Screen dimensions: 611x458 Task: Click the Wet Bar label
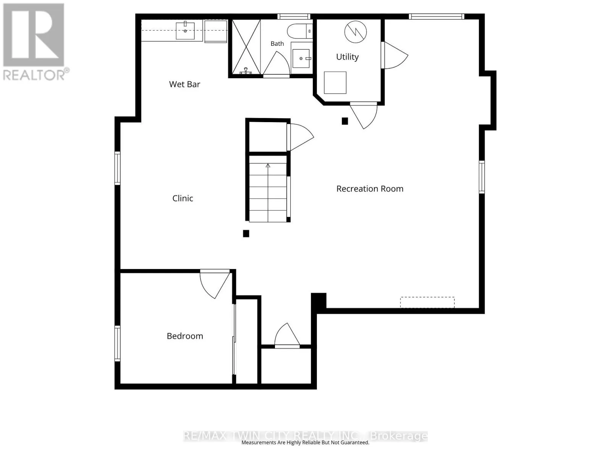(x=184, y=84)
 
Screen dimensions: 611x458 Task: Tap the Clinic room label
(x=183, y=198)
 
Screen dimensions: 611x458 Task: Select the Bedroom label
(x=185, y=336)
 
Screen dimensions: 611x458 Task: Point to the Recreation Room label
(x=370, y=189)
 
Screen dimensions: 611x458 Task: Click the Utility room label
(x=347, y=57)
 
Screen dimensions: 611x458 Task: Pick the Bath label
(x=277, y=44)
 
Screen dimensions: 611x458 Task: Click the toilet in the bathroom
(x=300, y=31)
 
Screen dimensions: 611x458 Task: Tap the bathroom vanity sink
(x=301, y=58)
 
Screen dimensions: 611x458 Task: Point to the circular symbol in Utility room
(x=356, y=32)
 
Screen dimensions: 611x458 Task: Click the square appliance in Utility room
(x=335, y=82)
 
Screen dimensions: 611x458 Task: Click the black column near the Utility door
(x=345, y=121)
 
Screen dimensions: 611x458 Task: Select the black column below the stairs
(x=246, y=234)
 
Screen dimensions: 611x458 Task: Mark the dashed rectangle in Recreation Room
(x=427, y=303)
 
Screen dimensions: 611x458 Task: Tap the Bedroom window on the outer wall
(x=118, y=344)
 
